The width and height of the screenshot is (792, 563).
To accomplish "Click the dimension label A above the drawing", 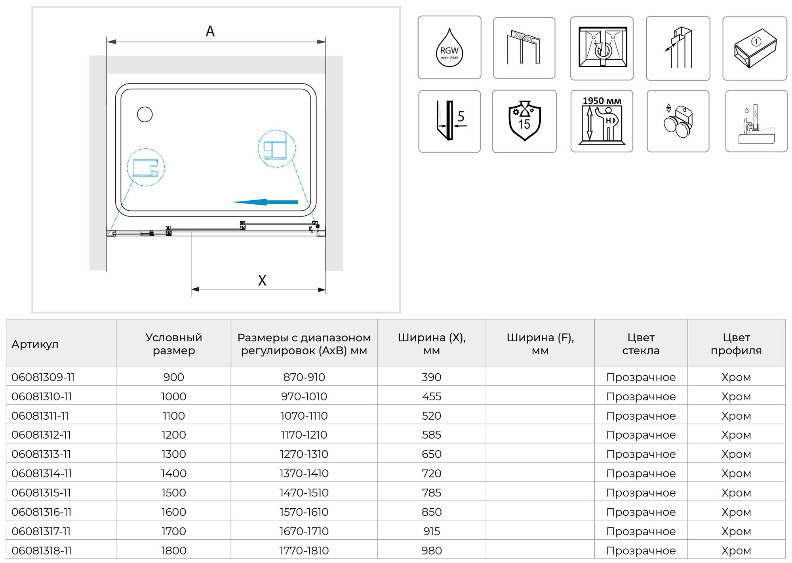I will pos(210,31).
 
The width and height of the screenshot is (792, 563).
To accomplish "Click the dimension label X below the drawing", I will pos(262,280).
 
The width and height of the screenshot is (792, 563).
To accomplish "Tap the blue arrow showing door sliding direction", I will pos(265,202).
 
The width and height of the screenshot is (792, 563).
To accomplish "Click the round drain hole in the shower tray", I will pos(145,114).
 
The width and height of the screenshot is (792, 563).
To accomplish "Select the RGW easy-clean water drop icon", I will pos(449,48).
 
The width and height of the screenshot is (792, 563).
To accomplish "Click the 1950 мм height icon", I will pos(602,121).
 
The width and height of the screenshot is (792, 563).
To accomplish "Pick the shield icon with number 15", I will pos(524,121).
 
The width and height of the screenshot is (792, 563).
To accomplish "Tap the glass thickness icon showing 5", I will pos(449,121).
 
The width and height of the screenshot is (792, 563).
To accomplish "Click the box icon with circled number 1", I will pos(754,48).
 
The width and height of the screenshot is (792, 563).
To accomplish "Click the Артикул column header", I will pos(35,344).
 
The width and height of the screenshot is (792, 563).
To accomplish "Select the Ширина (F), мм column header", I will pos(540,344).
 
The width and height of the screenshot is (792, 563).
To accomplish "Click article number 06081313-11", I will pos(41,454).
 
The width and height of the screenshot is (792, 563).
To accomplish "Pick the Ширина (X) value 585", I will pos(431,435).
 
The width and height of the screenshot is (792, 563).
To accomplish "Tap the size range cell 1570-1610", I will pos(304,512).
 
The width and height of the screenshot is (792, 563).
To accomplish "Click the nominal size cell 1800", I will pos(173,550).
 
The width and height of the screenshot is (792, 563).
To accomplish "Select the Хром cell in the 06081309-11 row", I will pos(736,377).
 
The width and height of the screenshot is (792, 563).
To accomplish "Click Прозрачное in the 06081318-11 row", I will pos(641,550).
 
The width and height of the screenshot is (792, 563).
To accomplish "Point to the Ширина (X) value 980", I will pos(431,550).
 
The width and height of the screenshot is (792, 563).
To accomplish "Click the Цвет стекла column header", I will pos(641,344).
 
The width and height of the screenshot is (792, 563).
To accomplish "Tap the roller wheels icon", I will pos(678,121).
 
